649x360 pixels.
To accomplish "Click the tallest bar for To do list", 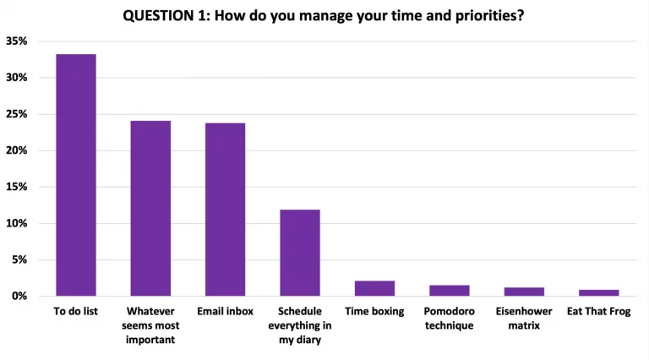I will [75, 175].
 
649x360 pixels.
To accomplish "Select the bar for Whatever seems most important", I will [150, 209].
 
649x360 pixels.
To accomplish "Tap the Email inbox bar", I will [225, 210].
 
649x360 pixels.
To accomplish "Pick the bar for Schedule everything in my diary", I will [300, 253].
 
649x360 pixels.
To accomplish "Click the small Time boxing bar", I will [374, 289].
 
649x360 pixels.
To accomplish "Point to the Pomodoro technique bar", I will [449, 291].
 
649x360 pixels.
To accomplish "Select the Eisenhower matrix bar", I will [524, 292].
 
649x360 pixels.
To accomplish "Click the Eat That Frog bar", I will [598, 292].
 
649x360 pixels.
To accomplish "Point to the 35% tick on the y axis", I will [17, 41].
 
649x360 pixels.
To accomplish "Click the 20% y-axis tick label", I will [17, 150].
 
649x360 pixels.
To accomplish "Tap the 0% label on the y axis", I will [19, 297].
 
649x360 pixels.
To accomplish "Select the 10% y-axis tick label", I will [17, 224].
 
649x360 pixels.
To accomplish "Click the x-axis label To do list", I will [75, 312].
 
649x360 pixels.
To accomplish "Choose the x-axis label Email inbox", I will [225, 312].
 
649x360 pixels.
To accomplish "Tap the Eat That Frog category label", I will [598, 312].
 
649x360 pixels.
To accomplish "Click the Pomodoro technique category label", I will [449, 319].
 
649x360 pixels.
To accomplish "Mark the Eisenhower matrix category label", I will [524, 319].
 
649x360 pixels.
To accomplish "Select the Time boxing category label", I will [374, 312].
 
